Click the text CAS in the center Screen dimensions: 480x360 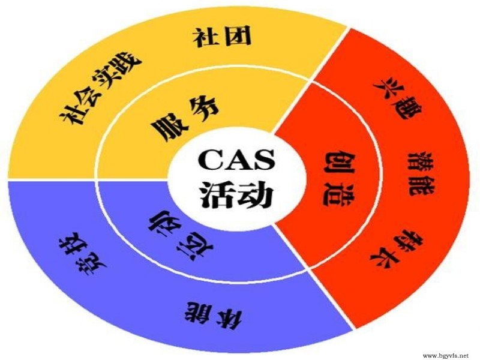click(x=236, y=160)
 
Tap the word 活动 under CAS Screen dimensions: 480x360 click(x=236, y=194)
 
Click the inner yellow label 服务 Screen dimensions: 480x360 click(x=185, y=118)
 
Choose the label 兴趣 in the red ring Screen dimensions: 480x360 click(x=398, y=97)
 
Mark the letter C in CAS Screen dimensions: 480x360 click(x=210, y=160)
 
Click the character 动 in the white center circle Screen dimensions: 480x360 click(x=256, y=194)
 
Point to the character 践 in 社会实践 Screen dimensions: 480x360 click(x=129, y=63)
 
